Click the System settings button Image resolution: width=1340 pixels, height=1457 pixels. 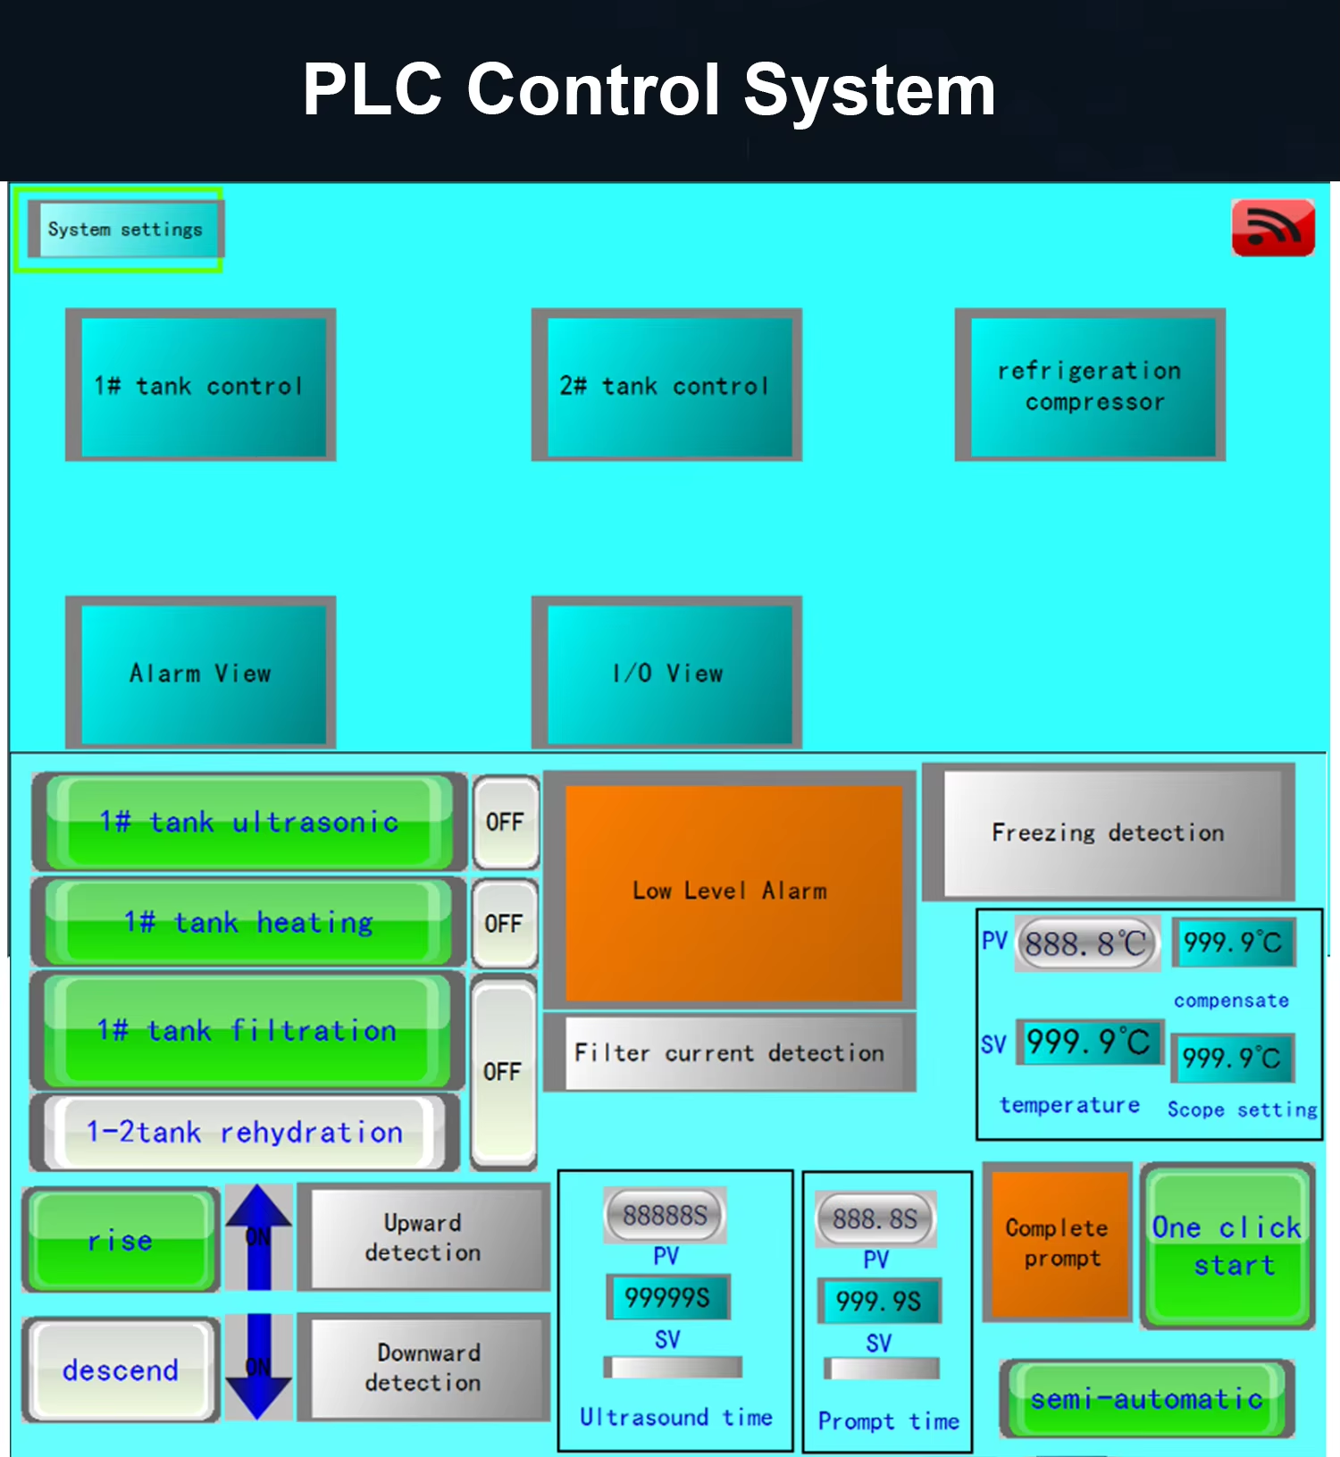(x=125, y=230)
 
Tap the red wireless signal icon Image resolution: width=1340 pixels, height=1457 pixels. (x=1272, y=228)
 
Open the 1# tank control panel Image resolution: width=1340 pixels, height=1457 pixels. (x=201, y=386)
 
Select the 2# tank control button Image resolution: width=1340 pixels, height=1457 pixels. (x=666, y=386)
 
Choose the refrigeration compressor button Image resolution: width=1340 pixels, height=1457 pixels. (x=1090, y=386)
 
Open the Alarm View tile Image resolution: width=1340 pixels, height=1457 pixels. (x=201, y=674)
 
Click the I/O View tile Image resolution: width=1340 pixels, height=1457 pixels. (x=666, y=674)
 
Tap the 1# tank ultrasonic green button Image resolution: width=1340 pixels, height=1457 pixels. (x=248, y=822)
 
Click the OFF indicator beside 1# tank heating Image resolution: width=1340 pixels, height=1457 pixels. (x=505, y=924)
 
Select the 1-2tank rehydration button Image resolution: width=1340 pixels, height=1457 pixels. (x=245, y=1133)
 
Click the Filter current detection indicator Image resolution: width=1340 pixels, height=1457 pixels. (x=730, y=1053)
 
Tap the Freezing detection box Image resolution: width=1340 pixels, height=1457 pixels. (x=1108, y=833)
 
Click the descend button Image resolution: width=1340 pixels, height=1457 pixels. (x=121, y=1370)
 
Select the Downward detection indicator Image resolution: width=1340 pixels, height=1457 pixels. (x=423, y=1368)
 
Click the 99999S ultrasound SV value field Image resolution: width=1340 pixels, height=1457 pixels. (x=667, y=1297)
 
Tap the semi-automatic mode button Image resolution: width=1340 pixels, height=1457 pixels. (x=1146, y=1399)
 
